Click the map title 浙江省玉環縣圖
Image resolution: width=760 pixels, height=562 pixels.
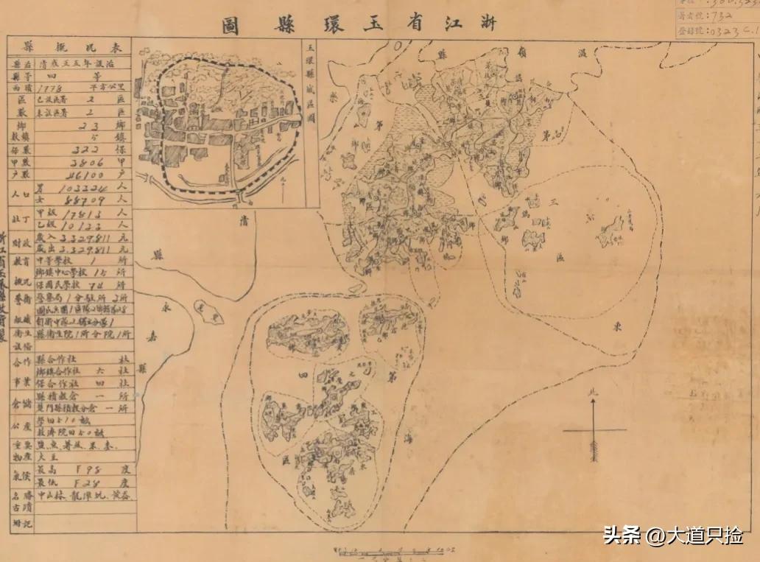pyautogui.click(x=359, y=24)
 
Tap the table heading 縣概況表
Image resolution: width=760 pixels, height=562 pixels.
pyautogui.click(x=69, y=46)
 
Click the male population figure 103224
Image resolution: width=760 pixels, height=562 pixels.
pyautogui.click(x=82, y=190)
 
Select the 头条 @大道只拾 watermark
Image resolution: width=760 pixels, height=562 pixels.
pyautogui.click(x=674, y=535)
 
